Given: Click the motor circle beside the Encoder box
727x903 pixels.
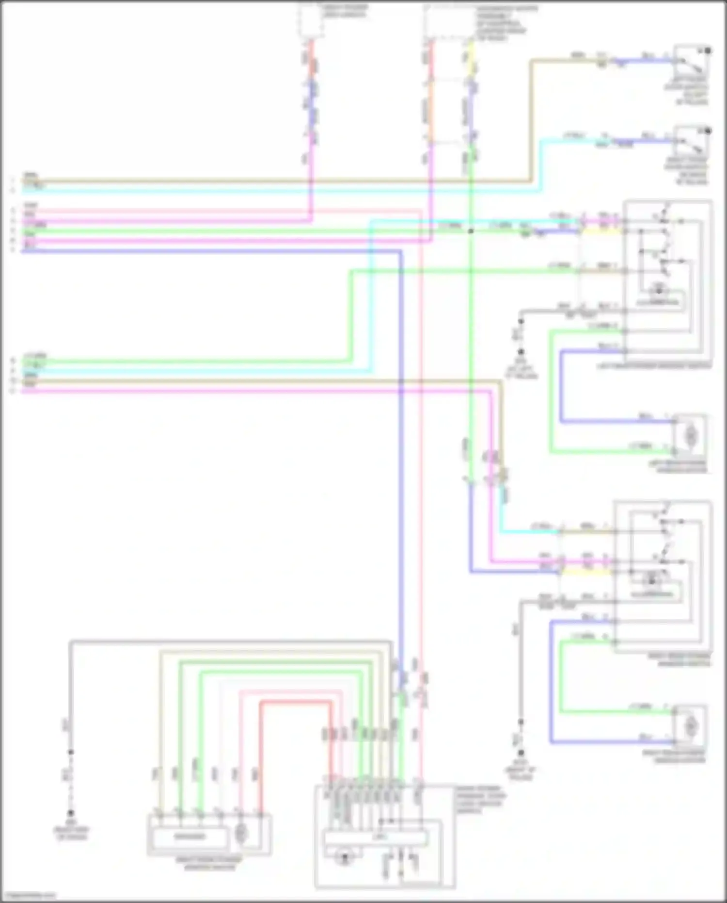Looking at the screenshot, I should pos(241,834).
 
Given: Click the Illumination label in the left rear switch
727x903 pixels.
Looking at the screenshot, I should pos(658,302).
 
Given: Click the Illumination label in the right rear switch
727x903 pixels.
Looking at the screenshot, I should pos(651,594).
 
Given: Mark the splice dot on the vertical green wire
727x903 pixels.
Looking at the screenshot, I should pos(470,231).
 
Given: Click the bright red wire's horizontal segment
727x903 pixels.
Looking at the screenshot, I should pos(296,702).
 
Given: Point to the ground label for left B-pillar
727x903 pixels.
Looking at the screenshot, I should pos(521,371).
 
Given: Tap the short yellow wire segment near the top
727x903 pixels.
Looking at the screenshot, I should pos(470,58).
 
